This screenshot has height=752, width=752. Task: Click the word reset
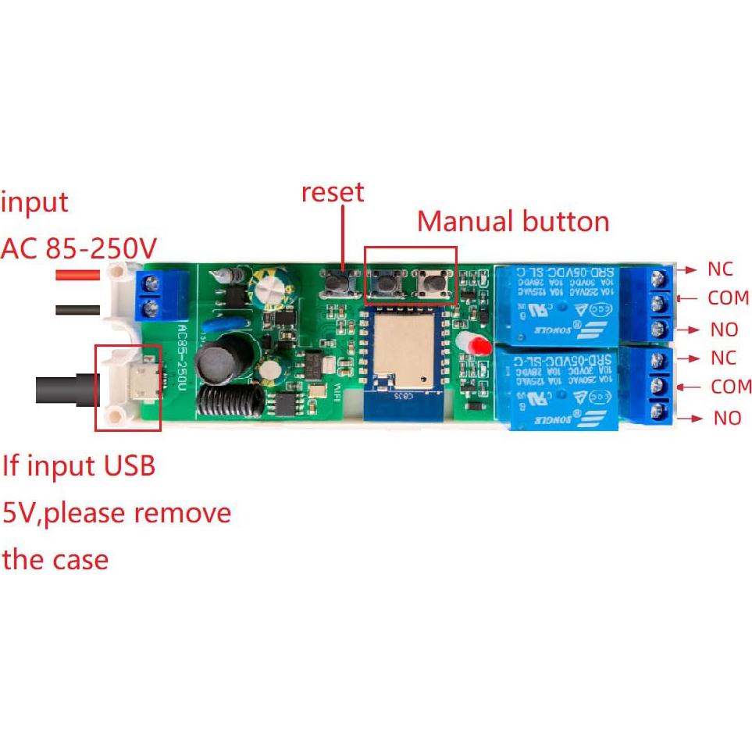click(333, 191)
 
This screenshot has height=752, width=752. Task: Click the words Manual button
click(512, 222)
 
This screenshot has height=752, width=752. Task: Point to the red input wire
click(77, 275)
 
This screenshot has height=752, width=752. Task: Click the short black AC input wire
click(77, 310)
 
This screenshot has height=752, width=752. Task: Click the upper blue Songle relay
click(556, 301)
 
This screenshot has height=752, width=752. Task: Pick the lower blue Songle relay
click(558, 387)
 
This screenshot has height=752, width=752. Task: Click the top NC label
click(720, 269)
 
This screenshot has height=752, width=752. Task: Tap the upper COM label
click(728, 298)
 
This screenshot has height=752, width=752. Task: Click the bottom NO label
click(727, 419)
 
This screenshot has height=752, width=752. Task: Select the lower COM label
click(731, 387)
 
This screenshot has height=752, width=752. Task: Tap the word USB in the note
click(128, 466)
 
